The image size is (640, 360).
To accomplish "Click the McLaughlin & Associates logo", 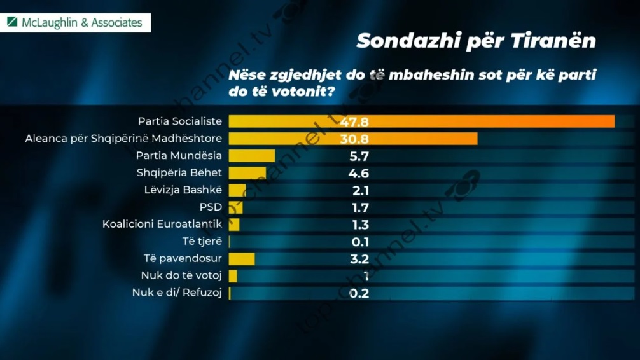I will [x=75, y=22].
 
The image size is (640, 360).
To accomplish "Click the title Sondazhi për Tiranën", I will [x=476, y=41].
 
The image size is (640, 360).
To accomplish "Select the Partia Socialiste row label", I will [x=180, y=121].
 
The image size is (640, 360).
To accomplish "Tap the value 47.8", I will [x=354, y=121].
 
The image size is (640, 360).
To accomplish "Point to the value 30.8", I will [x=354, y=139].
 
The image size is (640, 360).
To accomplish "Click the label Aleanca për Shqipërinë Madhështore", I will [x=123, y=138].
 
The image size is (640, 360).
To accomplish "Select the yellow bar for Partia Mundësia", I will [x=251, y=156].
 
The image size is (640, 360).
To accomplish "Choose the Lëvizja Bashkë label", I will [x=183, y=190].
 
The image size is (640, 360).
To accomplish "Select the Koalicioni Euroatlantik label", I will [x=162, y=224].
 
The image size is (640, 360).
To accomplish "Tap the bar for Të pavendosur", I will [x=241, y=259].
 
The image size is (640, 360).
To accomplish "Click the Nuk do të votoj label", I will [x=181, y=275].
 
